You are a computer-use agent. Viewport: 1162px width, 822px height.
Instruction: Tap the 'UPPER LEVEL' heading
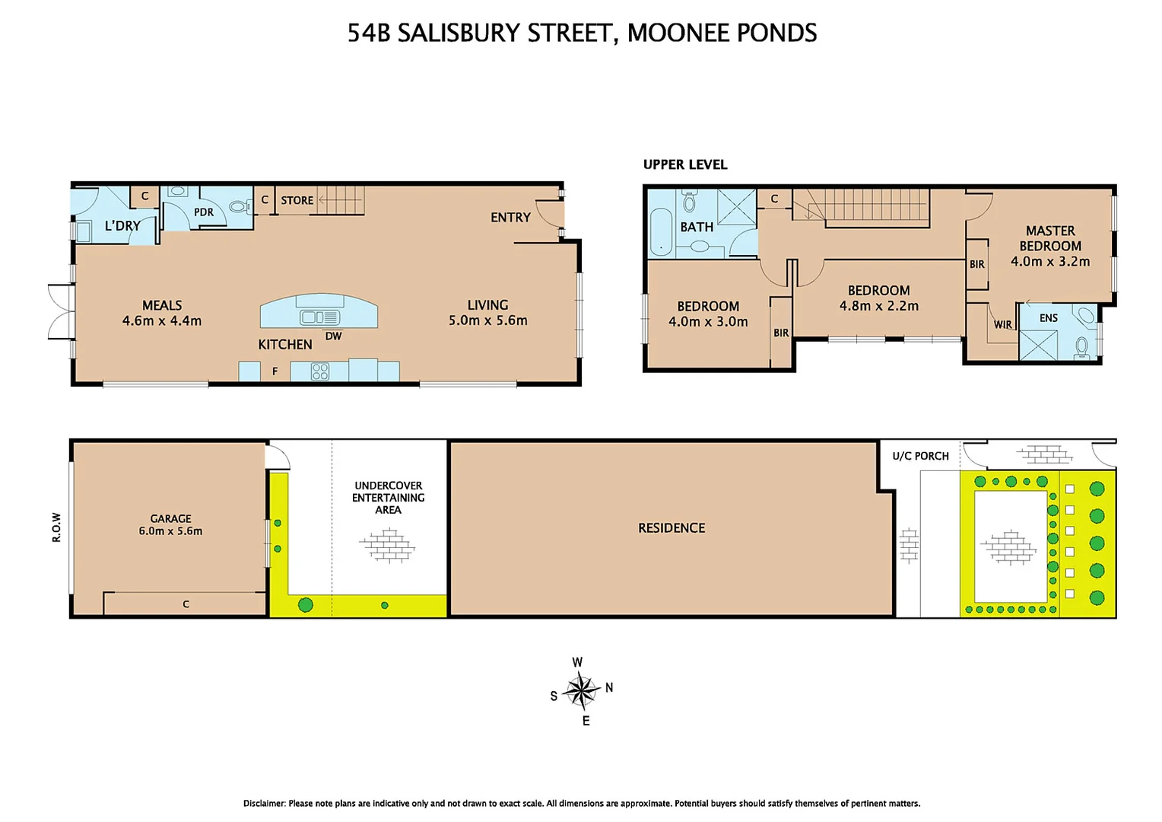(x=685, y=164)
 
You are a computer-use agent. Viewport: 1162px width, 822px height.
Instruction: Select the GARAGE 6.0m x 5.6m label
(x=170, y=524)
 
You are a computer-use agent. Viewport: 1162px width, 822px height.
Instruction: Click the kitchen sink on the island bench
(x=319, y=317)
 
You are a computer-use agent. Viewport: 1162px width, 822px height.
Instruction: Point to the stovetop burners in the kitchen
(x=320, y=371)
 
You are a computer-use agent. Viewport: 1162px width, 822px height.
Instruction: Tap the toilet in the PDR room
(x=239, y=206)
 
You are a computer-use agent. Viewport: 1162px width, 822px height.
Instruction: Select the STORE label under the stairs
(x=297, y=200)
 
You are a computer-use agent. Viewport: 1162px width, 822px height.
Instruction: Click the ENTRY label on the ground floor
(x=510, y=218)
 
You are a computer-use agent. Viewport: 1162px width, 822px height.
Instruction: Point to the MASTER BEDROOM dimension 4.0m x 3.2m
(x=1050, y=261)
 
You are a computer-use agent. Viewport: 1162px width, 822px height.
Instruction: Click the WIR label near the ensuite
(x=1003, y=324)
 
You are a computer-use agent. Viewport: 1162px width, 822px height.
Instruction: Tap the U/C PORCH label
(x=920, y=456)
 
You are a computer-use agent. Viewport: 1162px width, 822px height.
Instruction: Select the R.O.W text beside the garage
(x=56, y=527)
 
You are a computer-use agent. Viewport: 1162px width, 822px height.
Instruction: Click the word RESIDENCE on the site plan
(x=671, y=527)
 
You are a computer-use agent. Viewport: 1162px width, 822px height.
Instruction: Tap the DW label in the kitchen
(x=333, y=336)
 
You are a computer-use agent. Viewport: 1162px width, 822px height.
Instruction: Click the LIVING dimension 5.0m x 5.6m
(x=487, y=320)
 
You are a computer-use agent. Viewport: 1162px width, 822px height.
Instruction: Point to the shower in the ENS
(x=1038, y=345)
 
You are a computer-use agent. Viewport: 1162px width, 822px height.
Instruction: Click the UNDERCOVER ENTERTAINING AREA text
(x=388, y=497)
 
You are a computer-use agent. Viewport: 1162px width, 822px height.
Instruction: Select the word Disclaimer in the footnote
(x=264, y=803)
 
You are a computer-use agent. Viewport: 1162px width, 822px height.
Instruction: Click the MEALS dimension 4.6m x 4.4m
(x=162, y=320)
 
